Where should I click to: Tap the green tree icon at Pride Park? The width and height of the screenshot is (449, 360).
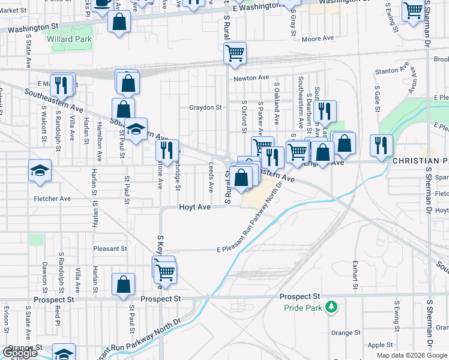330,308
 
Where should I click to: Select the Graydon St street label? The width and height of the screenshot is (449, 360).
206,108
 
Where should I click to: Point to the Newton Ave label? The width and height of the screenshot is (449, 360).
252,78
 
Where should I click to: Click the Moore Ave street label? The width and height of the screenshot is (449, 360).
318,38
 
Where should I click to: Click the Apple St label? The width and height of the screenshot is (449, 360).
380,345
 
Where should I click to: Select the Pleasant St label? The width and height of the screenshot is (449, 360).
110,248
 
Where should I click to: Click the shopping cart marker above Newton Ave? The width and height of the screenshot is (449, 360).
235,53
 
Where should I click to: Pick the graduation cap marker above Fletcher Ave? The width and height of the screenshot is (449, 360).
40,171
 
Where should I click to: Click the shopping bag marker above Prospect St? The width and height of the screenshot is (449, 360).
123,285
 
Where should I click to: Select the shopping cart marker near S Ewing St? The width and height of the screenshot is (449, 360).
413,11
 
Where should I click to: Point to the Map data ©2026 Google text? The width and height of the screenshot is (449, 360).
411,355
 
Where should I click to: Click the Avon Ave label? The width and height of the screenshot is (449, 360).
412,85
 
